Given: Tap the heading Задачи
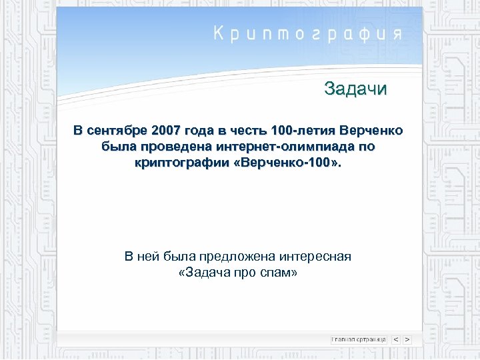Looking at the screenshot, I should pyautogui.click(x=355, y=89).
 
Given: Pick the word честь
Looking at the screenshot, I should pyautogui.click(x=259, y=129).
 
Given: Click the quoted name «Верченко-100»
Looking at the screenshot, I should pyautogui.click(x=289, y=163).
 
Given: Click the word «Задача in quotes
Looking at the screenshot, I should pyautogui.click(x=206, y=273).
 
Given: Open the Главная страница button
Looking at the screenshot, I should pyautogui.click(x=359, y=339).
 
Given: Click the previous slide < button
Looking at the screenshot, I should pyautogui.click(x=396, y=339).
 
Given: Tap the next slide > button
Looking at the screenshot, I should pyautogui.click(x=407, y=339).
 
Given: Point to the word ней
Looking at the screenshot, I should pyautogui.click(x=147, y=256).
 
